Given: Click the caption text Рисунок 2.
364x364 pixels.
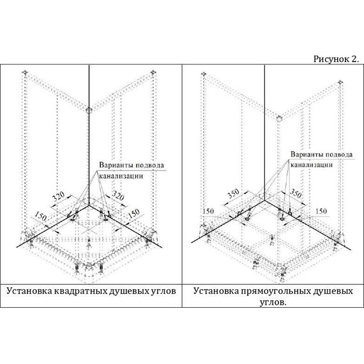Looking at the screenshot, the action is [x=336, y=59].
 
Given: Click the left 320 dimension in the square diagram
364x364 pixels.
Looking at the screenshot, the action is [x=58, y=197].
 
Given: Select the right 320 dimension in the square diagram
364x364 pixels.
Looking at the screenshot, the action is [x=118, y=195].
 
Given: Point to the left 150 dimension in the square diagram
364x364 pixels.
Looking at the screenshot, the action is [x=41, y=217].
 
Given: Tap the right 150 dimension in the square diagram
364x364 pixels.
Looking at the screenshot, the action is [x=134, y=213].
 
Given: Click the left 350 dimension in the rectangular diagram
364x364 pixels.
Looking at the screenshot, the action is [x=233, y=193].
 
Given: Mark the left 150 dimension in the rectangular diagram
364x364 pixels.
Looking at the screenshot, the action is [x=208, y=211].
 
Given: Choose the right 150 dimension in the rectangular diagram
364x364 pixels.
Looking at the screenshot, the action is [x=321, y=211].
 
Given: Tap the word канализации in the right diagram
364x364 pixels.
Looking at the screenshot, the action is [x=312, y=165].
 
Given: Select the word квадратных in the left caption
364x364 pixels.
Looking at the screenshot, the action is [x=81, y=291].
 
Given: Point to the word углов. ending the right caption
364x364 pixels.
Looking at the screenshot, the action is [x=273, y=303].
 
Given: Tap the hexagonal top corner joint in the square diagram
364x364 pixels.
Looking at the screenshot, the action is [x=89, y=110].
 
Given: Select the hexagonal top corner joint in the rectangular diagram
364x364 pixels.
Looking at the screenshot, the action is [x=279, y=118].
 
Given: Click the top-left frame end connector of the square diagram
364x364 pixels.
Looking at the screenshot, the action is [x=25, y=73].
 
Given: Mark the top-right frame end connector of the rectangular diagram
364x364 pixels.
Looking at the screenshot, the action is [x=340, y=82].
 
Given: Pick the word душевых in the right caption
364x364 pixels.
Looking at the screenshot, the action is [x=333, y=291].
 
